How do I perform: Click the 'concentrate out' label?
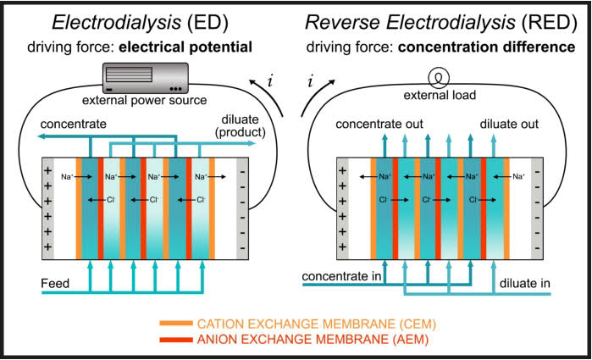[x=380, y=125]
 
